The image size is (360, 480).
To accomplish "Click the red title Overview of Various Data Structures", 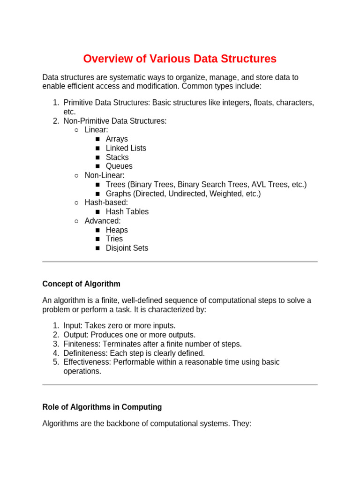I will coord(180,59).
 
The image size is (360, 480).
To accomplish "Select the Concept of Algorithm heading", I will coord(81,284).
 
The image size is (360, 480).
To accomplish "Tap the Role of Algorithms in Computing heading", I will coord(102,407).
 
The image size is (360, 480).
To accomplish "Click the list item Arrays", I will coord(117,139).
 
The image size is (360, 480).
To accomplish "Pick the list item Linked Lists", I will coord(126,148).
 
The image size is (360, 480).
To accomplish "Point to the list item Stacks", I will coord(117,157).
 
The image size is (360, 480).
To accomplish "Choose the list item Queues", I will coord(119,166).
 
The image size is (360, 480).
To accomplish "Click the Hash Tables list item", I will coord(127,212).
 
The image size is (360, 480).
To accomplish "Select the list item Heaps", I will coord(117,230).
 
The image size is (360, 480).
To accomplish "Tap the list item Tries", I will coord(114,239).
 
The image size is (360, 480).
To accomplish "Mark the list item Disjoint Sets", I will coord(127,248).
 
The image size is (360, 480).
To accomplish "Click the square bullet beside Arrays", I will coord(97,140).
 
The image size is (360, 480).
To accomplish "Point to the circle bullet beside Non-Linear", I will coord(76,176).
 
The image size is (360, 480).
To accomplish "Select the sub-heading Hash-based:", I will coord(106,202).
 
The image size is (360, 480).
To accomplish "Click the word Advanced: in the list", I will coord(103,221).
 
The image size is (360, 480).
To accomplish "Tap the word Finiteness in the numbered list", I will coord(81,344).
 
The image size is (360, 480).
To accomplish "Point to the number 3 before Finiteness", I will coord(55,344).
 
